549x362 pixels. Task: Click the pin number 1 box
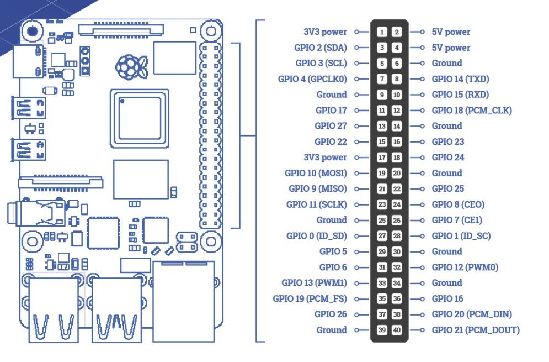click(382, 32)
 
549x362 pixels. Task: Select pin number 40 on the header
click(397, 330)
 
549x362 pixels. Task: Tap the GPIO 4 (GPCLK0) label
click(312, 79)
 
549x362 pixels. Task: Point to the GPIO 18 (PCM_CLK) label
click(472, 111)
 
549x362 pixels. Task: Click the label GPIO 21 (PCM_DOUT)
click(476, 330)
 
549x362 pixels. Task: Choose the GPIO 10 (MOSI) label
click(316, 174)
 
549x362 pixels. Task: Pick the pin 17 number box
click(382, 158)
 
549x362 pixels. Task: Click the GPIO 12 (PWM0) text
click(465, 267)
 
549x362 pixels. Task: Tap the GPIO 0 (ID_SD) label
click(317, 236)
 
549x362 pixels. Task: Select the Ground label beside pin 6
click(447, 63)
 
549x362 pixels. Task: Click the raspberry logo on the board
click(131, 67)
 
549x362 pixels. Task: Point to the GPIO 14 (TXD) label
click(460, 79)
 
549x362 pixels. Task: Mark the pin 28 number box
click(397, 236)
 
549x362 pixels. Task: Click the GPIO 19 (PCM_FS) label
click(310, 299)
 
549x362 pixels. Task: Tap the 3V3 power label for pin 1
click(326, 32)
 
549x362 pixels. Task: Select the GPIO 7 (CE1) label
click(457, 221)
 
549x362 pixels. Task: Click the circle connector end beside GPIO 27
click(357, 126)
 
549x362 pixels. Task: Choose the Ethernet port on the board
click(184, 301)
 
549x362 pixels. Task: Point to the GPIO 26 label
click(331, 314)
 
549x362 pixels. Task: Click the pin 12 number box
click(397, 111)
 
